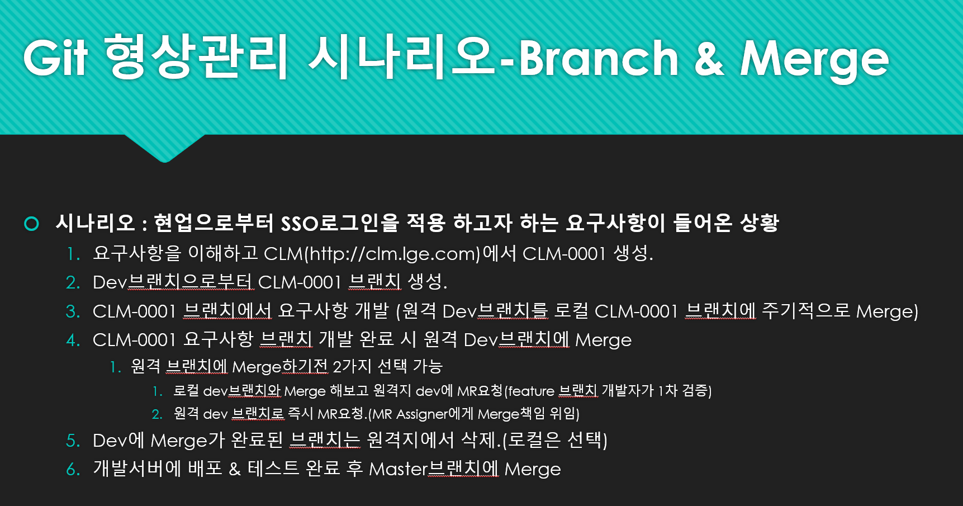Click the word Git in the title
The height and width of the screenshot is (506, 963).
(55, 58)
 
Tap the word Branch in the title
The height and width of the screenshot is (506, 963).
(598, 58)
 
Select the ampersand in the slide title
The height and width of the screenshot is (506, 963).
(709, 58)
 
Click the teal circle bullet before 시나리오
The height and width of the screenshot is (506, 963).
(32, 224)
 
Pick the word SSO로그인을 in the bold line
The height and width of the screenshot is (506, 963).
(339, 223)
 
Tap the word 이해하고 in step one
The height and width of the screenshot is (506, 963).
(222, 253)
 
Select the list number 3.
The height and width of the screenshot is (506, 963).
(73, 311)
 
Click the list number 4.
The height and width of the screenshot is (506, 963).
(73, 340)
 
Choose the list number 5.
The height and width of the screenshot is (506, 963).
(73, 441)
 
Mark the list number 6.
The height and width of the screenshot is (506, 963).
(73, 469)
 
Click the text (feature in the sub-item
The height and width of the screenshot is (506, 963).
(529, 391)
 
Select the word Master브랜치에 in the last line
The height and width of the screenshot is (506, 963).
(434, 469)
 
